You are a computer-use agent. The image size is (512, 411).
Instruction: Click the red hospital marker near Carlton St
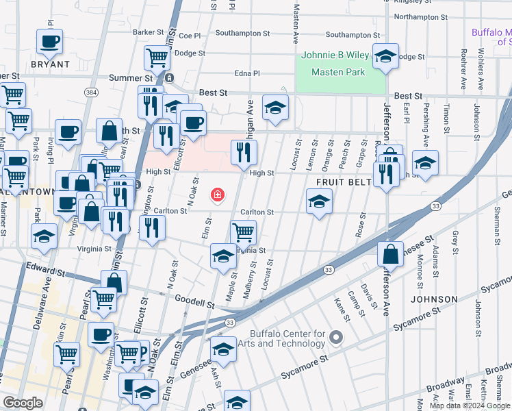click(218, 196)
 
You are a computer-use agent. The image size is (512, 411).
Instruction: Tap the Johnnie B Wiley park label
click(340, 56)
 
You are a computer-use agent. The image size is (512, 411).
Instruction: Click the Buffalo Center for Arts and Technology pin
click(336, 338)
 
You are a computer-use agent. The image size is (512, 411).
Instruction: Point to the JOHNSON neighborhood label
click(433, 299)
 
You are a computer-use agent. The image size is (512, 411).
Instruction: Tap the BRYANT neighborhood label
click(50, 64)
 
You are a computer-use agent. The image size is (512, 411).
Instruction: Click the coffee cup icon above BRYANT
click(49, 42)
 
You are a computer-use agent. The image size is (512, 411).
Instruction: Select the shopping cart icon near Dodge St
click(157, 58)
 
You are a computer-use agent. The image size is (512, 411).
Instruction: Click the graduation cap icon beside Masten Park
click(385, 57)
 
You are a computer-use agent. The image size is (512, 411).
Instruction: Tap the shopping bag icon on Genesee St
click(389, 254)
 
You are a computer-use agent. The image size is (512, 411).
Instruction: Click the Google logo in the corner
click(23, 403)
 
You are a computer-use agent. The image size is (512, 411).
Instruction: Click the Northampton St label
click(421, 16)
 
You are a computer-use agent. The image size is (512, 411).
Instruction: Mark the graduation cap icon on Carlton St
click(319, 202)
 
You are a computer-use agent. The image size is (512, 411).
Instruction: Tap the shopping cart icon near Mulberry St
click(243, 232)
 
